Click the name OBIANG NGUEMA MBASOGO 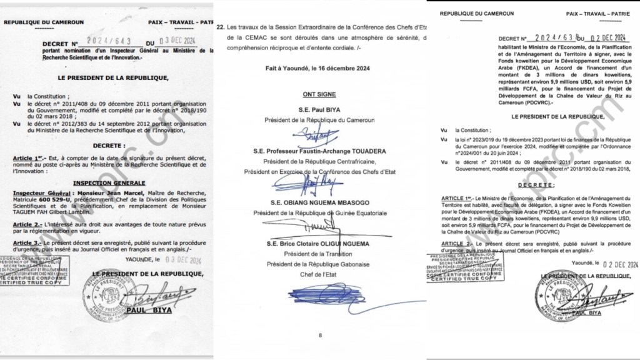(319, 202)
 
